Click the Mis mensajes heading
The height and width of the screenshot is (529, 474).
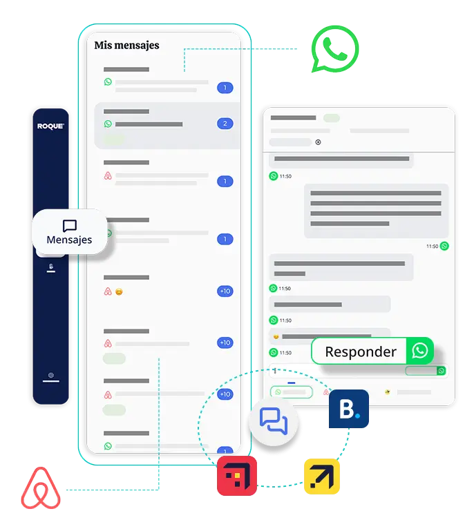point(126,46)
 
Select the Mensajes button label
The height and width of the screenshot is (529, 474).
point(69,240)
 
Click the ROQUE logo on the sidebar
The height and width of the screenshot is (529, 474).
point(51,126)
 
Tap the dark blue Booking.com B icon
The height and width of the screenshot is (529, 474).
point(348,410)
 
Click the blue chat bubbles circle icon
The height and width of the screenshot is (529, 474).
point(274,421)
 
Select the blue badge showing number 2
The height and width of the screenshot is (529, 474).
point(224,124)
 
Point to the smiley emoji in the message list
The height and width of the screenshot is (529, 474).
point(119,292)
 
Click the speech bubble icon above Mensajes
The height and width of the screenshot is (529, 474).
point(69,226)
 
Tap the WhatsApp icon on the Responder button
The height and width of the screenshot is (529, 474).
point(419,351)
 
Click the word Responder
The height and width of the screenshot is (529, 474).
point(361,352)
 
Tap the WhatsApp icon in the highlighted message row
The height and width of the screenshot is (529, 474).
point(108,124)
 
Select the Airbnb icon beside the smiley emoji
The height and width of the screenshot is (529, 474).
point(108,291)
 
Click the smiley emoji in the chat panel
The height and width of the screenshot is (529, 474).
point(276,336)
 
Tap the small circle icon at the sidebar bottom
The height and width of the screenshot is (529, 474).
point(51,376)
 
